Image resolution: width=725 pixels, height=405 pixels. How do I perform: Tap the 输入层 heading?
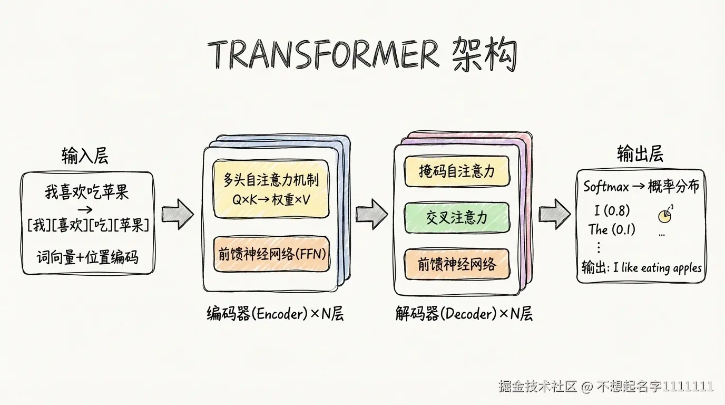pos(85,156)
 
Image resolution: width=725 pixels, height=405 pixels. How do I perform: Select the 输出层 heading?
pos(640,154)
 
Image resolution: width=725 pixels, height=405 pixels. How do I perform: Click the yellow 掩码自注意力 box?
pos(457,171)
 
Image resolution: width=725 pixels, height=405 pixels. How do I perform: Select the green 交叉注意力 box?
pos(457,217)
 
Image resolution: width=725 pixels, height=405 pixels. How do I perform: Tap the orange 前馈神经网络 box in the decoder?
pos(457,264)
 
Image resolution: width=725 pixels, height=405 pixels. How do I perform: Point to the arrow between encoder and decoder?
pos(371,214)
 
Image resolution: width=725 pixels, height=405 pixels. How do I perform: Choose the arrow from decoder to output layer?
pos(554,214)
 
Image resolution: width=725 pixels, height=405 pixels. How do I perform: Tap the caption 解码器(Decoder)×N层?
pos(464,314)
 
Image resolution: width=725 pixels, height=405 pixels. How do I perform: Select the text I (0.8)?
pos(612,211)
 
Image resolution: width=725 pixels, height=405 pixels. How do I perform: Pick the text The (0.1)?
pos(612,229)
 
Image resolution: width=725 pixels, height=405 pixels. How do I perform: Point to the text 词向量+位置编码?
pos(87,258)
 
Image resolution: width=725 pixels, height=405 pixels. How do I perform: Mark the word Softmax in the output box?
pos(606,187)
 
